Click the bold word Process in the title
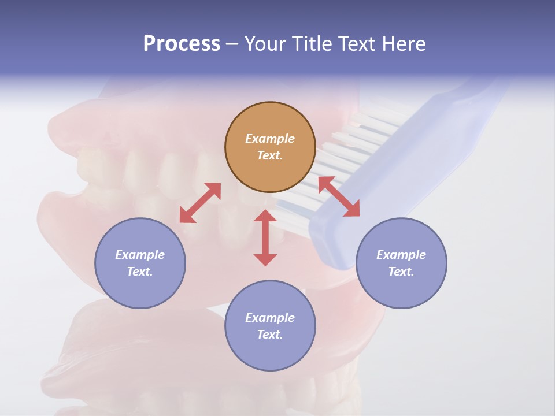tap(182, 44)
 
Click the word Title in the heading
tap(311, 44)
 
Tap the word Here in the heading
tap(404, 44)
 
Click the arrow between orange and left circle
tap(200, 203)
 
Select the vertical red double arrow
tap(265, 237)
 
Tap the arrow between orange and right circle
tap(339, 196)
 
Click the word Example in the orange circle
tap(270, 139)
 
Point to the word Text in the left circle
tap(140, 272)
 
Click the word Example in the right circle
tap(401, 255)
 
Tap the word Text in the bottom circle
tap(270, 335)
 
